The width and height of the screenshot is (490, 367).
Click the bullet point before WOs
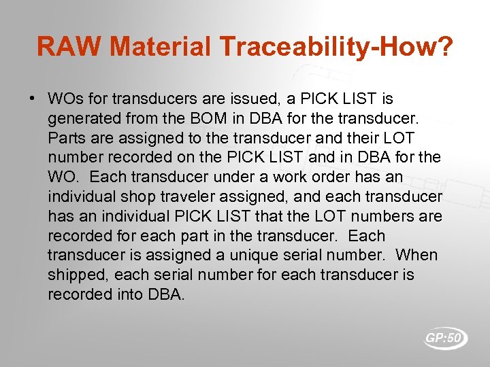(x=32, y=99)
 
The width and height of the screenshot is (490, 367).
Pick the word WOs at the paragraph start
(x=66, y=99)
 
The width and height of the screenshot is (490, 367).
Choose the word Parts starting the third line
(x=67, y=139)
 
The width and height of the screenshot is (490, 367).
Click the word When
(x=416, y=256)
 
